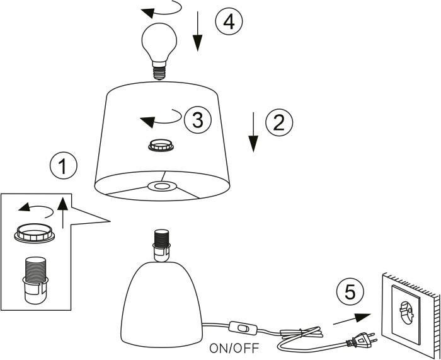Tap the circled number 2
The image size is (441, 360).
click(x=279, y=122)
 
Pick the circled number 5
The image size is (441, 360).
click(x=349, y=291)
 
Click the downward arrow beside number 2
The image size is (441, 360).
click(x=253, y=132)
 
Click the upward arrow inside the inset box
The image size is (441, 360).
click(x=62, y=211)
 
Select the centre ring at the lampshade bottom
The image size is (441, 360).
click(x=161, y=187)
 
